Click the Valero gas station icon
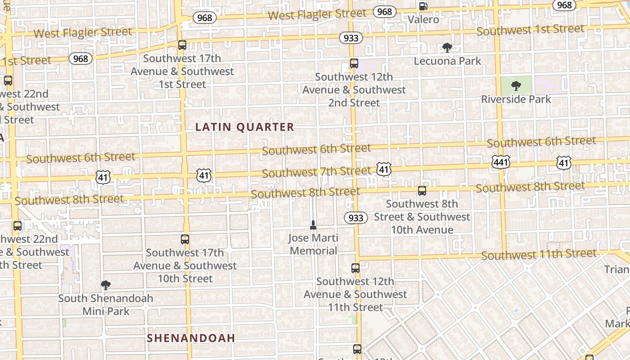[x=423, y=6]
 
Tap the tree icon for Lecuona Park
[x=447, y=47]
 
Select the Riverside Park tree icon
[x=516, y=85]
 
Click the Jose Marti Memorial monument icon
[x=313, y=225]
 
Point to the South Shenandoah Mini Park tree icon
[x=106, y=284]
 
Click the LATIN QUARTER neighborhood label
[x=245, y=127]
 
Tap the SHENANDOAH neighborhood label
[x=191, y=338]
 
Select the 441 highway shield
[x=500, y=162]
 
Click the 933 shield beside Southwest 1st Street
[x=351, y=38]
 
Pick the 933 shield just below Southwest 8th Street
[x=355, y=218]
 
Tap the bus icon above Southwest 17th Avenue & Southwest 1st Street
[x=182, y=45]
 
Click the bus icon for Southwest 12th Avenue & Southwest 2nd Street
[x=354, y=63]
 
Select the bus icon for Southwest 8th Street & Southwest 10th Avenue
[x=422, y=191]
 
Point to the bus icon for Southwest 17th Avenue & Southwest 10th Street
[x=185, y=239]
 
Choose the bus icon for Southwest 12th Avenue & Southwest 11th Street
[x=355, y=268]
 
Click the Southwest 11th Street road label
[x=539, y=254]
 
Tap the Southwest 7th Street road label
[x=316, y=172]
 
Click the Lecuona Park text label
[x=447, y=61]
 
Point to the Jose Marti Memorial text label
[x=313, y=244]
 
